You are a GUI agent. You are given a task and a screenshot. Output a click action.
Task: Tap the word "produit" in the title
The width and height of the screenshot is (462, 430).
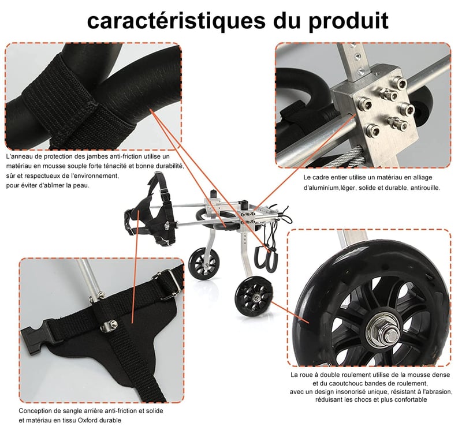(349, 21)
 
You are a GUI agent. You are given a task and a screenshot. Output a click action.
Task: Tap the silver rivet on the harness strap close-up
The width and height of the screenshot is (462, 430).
(113, 324)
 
